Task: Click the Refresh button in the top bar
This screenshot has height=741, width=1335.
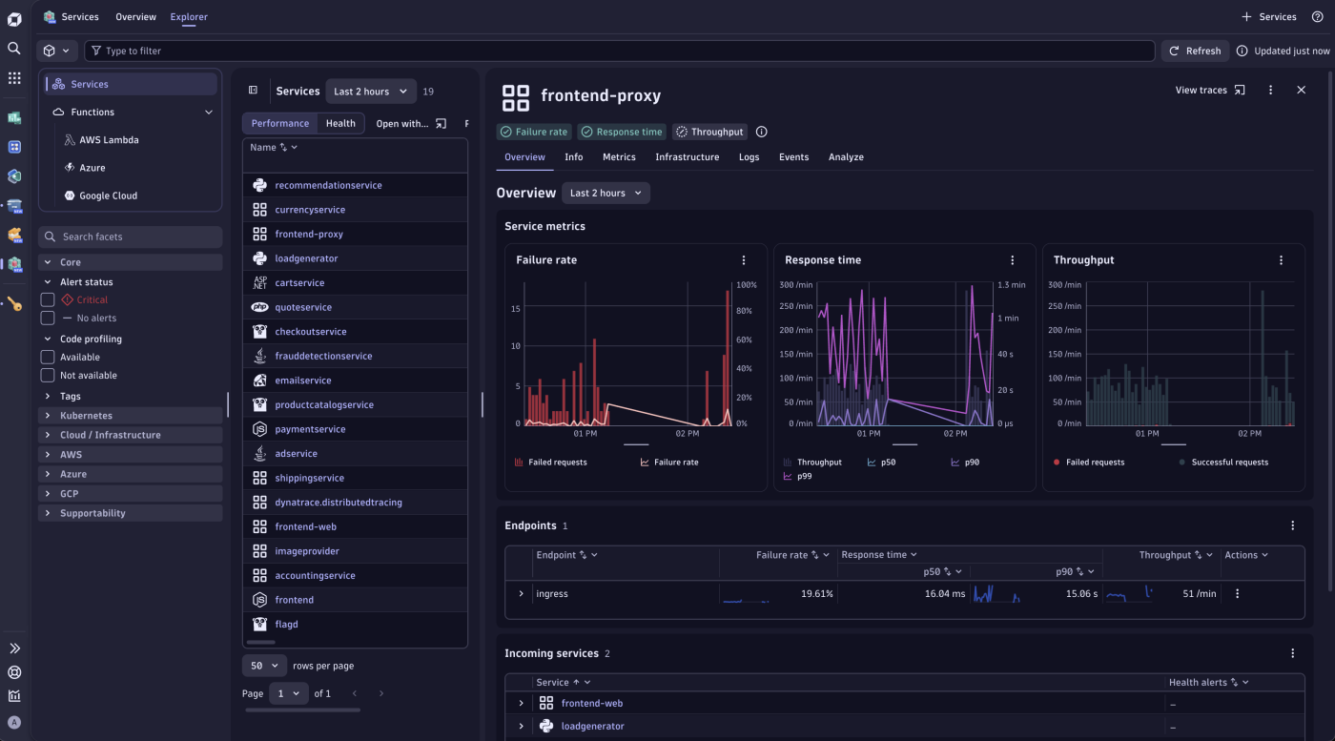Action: point(1195,51)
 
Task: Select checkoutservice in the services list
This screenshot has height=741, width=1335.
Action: point(310,332)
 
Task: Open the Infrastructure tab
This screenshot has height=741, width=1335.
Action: point(687,157)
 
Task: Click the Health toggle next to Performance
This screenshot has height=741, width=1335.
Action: point(340,123)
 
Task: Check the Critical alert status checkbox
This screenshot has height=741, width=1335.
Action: point(48,299)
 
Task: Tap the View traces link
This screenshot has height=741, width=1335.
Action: point(1209,91)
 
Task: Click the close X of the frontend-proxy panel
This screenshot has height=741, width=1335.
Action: point(1301,90)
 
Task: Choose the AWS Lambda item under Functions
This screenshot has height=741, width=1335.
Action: point(109,140)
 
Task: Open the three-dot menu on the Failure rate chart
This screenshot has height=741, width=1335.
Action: point(744,260)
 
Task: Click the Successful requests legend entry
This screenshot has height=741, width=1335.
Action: point(1229,463)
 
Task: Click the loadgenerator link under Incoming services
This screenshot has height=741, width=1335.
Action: point(592,727)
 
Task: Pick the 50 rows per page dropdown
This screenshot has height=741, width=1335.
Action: point(264,666)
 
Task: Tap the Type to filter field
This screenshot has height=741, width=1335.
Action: point(620,51)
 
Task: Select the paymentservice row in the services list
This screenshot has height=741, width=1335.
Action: point(310,429)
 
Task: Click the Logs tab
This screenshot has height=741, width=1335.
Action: point(749,157)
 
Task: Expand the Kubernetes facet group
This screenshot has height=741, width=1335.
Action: point(86,416)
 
